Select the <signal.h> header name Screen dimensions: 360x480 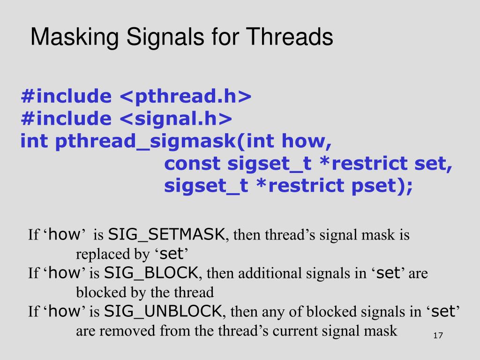pos(176,119)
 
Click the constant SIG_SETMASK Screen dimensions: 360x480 pos(166,234)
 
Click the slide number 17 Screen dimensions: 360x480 pos(438,336)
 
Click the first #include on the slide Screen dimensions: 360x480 pos(66,96)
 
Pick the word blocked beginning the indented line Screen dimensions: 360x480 pos(97,292)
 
